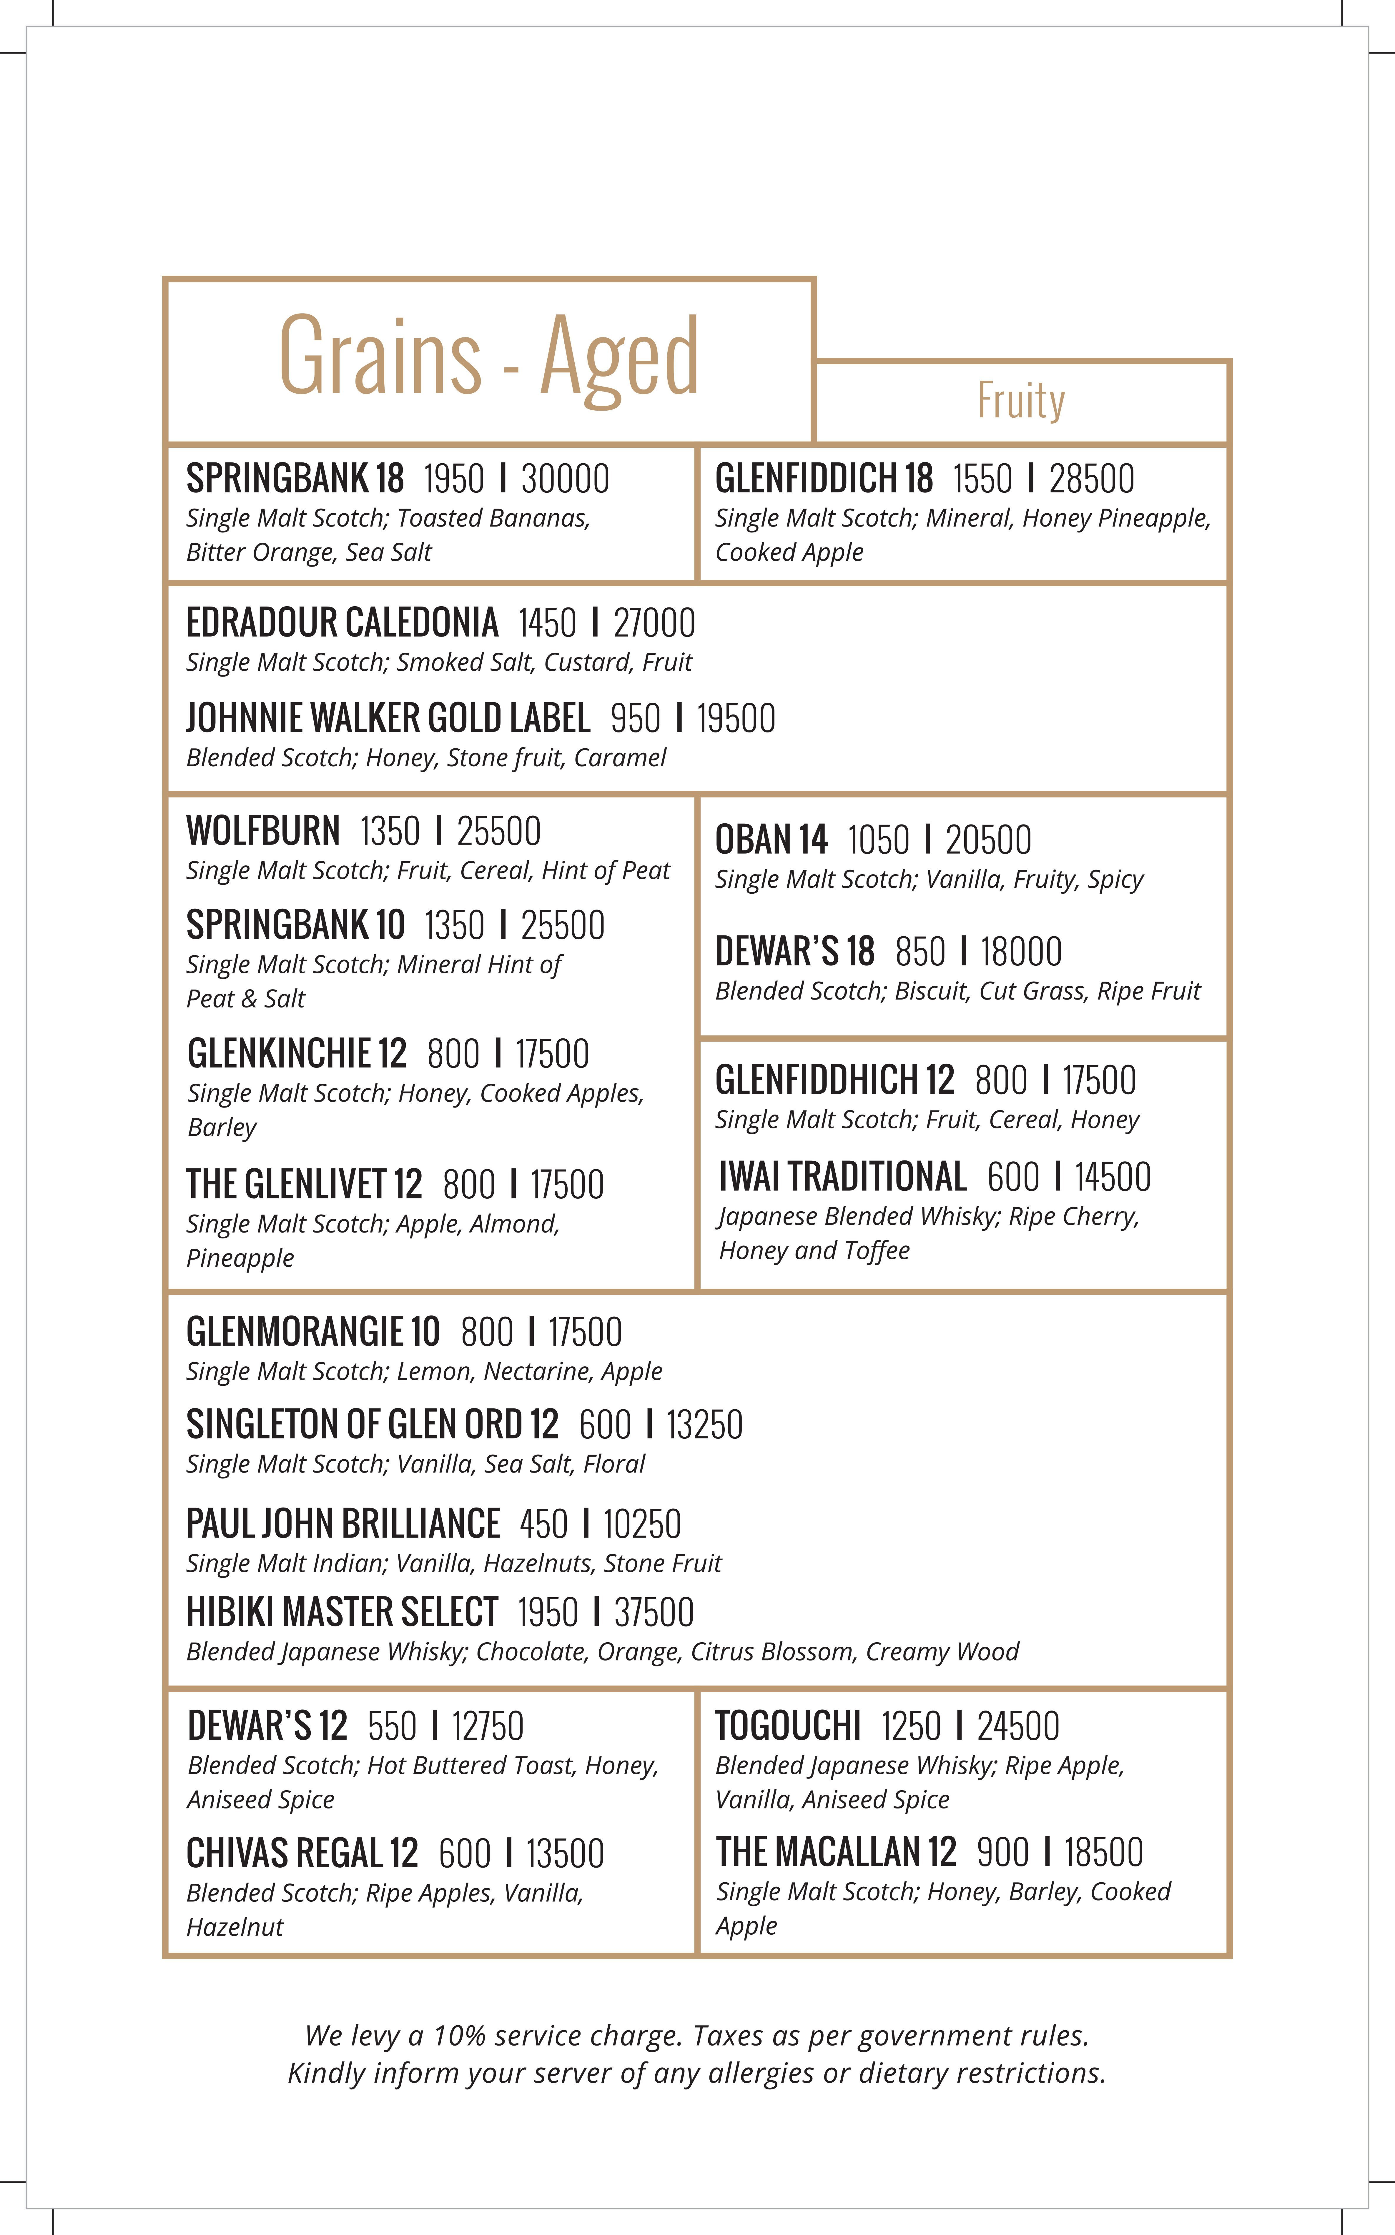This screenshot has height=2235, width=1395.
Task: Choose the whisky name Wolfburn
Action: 263,831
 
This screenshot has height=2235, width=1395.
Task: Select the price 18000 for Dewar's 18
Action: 1020,952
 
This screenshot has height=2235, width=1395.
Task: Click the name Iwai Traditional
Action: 842,1177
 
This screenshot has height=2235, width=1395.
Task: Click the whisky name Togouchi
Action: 788,1726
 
